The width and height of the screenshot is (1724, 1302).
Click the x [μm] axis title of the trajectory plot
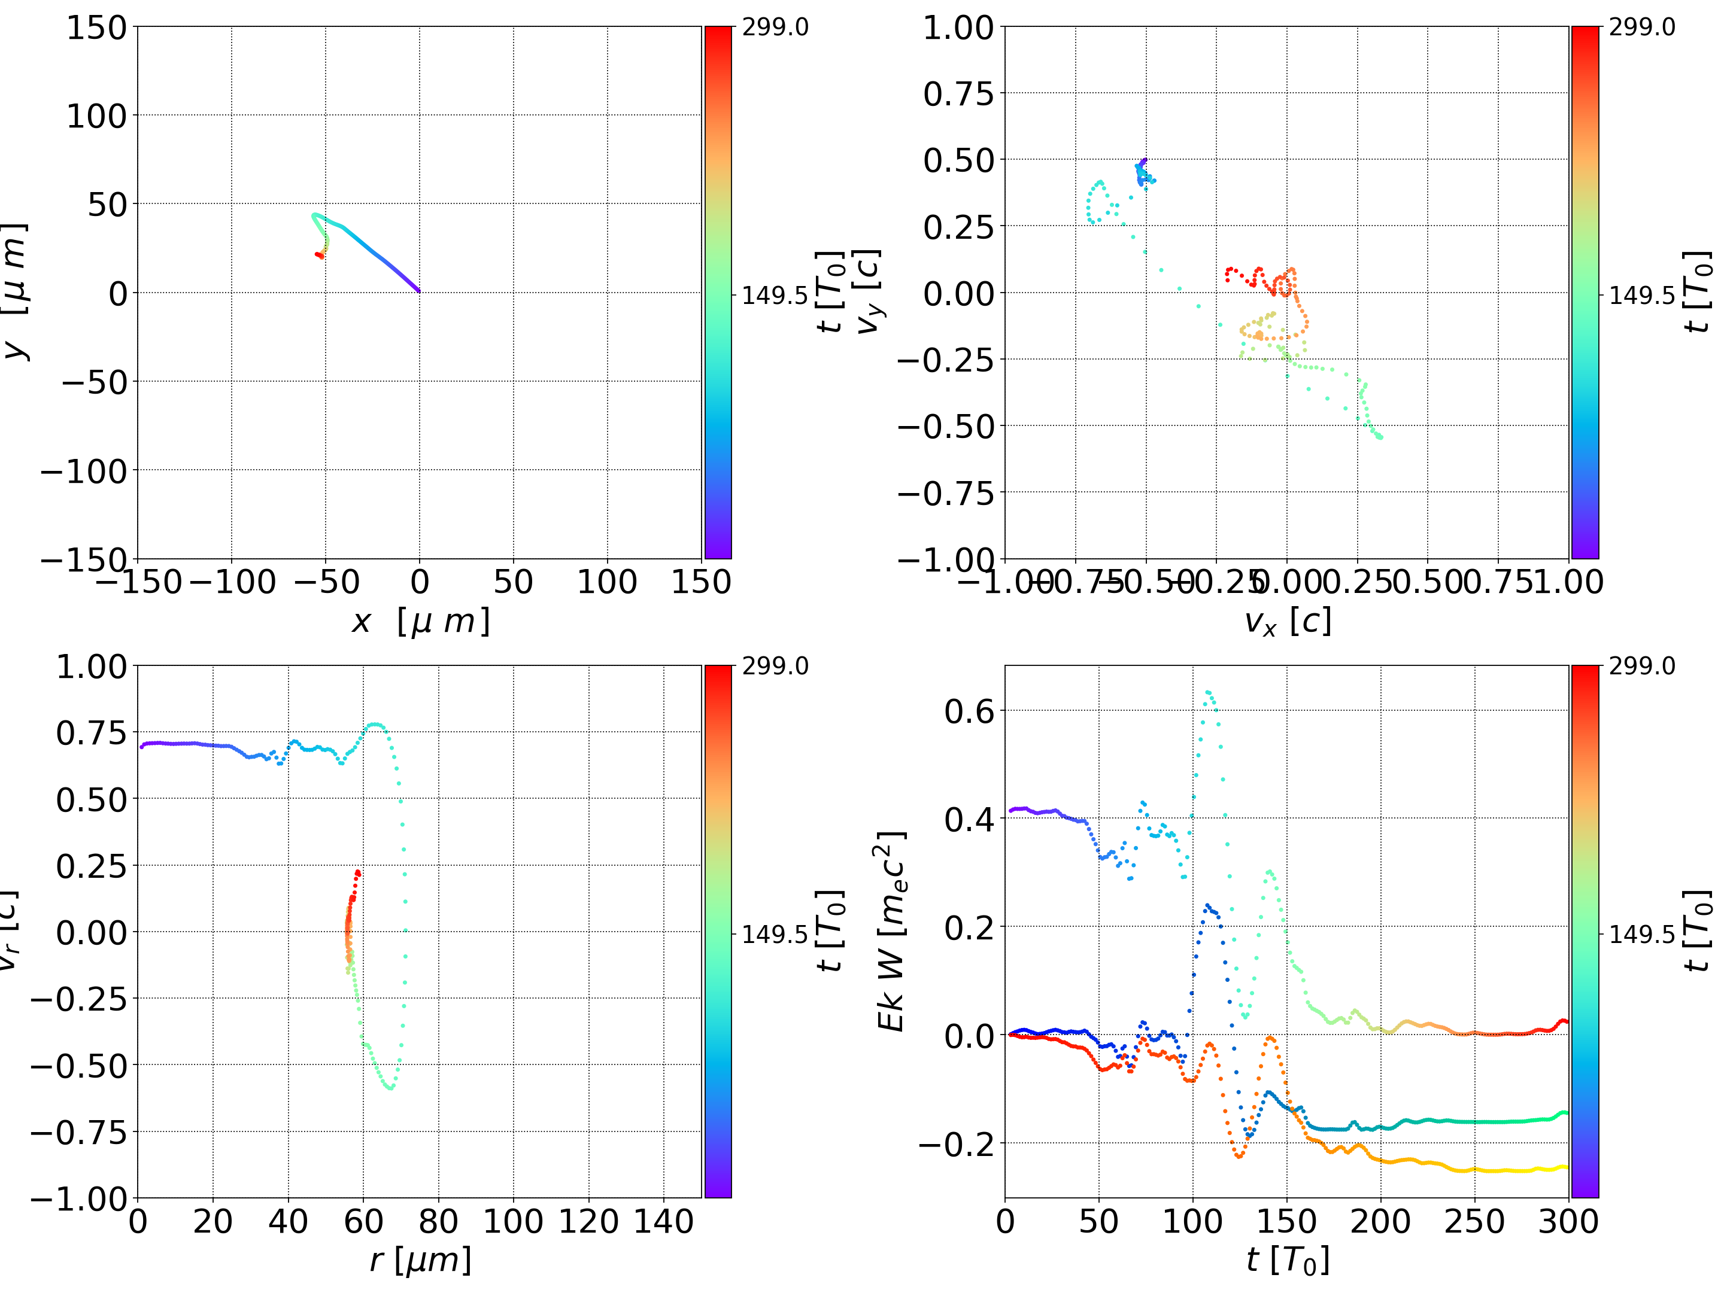click(421, 621)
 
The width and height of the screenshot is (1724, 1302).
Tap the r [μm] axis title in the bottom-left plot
click(421, 1260)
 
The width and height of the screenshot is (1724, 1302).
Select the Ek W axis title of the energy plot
click(891, 931)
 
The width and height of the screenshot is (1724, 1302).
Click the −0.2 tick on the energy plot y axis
click(955, 1144)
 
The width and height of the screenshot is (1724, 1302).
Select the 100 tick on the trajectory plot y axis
click(96, 116)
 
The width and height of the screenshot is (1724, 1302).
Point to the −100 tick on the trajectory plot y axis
click(83, 471)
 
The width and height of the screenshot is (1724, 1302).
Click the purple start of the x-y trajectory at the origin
click(418, 291)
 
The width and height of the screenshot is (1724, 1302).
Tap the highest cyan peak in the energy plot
click(1208, 691)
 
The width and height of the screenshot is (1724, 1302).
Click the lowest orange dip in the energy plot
click(1239, 1156)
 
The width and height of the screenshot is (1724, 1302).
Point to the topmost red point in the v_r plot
click(358, 872)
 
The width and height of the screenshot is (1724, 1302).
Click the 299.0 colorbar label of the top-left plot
click(775, 28)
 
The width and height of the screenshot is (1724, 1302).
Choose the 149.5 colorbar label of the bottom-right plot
click(1641, 933)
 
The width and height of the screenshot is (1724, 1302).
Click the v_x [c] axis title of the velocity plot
click(1288, 621)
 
